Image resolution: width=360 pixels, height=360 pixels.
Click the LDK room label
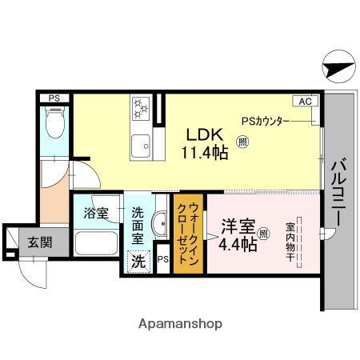202,134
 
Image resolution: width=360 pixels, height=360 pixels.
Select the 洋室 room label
237,227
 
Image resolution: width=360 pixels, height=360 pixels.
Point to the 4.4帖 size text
238,245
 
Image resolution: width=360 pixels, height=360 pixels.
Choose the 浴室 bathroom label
96,214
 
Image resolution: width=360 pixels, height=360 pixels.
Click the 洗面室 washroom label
138,226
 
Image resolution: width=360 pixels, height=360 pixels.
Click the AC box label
306,102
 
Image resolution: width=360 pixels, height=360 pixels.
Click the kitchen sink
142,146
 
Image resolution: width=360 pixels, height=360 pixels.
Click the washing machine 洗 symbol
138,261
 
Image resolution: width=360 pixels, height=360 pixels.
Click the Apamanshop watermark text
181,324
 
